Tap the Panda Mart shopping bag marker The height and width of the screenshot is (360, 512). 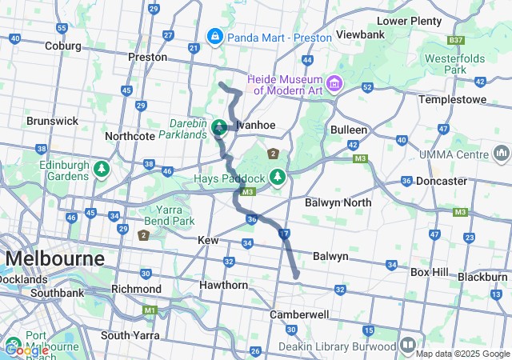point(214,37)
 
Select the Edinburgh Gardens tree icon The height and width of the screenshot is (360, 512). point(101,170)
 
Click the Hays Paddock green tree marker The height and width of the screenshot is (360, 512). point(277,176)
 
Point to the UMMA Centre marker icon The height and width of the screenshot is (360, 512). point(502,152)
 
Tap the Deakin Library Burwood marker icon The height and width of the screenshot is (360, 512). point(408,345)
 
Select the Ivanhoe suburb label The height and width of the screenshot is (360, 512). point(254,125)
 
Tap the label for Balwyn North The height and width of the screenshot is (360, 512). point(338,202)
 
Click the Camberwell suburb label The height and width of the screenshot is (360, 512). point(299,314)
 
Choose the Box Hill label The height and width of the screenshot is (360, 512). point(430,272)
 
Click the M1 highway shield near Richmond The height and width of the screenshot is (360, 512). point(150,310)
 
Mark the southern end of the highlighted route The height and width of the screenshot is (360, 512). point(296,276)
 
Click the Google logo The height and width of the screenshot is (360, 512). point(26,350)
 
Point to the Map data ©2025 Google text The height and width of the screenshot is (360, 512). point(462,354)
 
